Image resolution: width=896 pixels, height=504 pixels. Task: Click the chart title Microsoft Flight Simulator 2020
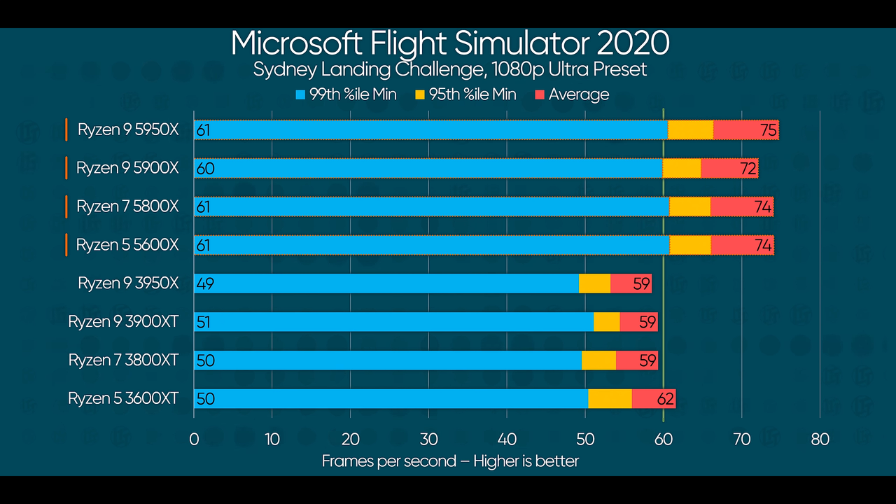click(x=449, y=43)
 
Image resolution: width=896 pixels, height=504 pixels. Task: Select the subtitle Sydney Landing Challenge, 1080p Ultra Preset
click(x=449, y=69)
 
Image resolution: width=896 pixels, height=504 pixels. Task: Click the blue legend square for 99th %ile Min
click(x=301, y=94)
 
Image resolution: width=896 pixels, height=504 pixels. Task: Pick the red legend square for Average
click(x=539, y=94)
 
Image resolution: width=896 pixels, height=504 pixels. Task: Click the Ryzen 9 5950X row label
click(x=128, y=129)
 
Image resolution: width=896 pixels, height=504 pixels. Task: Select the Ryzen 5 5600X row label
click(x=127, y=245)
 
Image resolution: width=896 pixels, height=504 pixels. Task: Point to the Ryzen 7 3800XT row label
click(x=123, y=360)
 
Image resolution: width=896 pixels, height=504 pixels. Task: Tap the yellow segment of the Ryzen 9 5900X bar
click(x=681, y=168)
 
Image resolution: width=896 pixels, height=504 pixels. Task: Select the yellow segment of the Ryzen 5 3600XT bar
click(x=610, y=399)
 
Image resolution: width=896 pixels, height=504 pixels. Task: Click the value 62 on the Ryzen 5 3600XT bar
click(x=665, y=399)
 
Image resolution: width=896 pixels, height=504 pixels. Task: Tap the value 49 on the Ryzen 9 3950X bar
click(x=205, y=283)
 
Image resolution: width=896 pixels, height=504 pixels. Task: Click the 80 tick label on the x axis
click(x=820, y=440)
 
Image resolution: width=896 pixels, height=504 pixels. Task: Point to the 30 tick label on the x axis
click(x=429, y=440)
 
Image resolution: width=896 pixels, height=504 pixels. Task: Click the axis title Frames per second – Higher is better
click(x=450, y=461)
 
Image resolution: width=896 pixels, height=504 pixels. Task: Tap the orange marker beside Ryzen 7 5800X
click(x=66, y=206)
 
